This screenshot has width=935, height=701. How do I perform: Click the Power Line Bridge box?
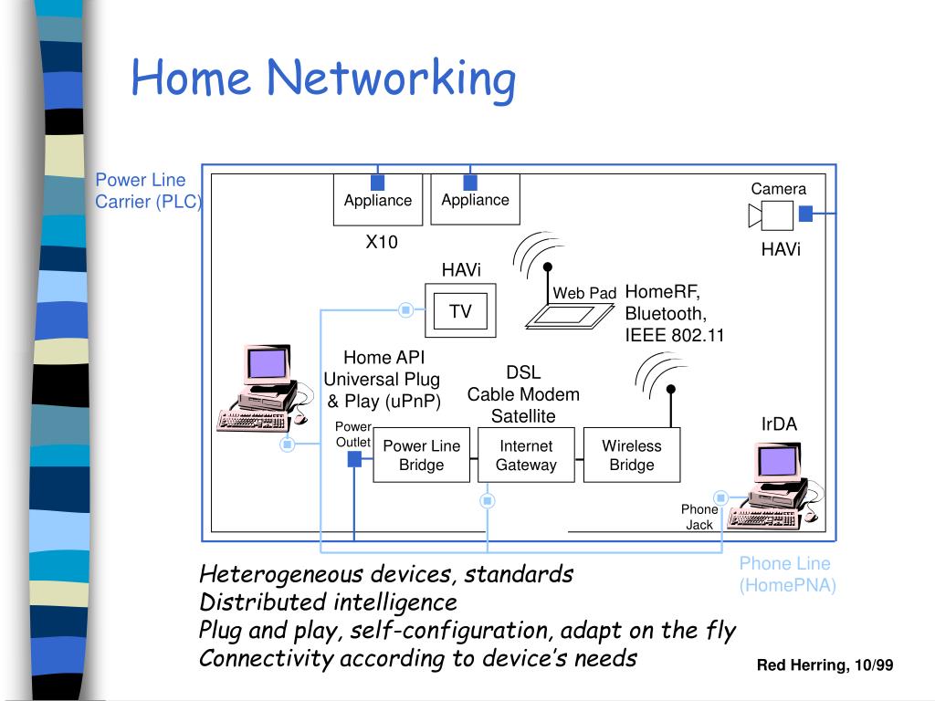tap(422, 455)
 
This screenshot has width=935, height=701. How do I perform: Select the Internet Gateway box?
tap(526, 455)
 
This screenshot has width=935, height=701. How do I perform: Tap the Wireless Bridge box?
tap(632, 455)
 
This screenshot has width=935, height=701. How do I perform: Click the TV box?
tap(460, 310)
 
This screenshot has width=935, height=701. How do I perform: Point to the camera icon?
tap(771, 215)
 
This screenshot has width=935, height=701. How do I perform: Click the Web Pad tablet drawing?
tap(569, 316)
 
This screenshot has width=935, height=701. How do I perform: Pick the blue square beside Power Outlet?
tap(354, 459)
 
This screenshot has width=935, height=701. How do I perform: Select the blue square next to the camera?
tap(805, 214)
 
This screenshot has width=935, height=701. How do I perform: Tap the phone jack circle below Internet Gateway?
tap(488, 501)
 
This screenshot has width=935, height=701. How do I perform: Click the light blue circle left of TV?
tap(405, 310)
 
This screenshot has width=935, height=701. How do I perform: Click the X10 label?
tap(382, 242)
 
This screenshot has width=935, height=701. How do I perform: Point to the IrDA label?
tap(779, 424)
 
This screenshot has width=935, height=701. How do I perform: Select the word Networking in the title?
tap(391, 78)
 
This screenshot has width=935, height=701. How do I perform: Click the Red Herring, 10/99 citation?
tap(825, 665)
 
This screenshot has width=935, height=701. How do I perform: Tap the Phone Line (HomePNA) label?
tap(787, 574)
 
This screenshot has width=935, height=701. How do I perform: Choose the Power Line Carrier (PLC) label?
tap(149, 191)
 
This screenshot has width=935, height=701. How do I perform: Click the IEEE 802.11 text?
tap(675, 335)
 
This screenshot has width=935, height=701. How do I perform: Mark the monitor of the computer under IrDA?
tap(778, 462)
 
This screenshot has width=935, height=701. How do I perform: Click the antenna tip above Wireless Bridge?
tap(671, 389)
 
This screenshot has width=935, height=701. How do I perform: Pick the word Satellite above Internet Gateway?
tap(523, 416)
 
